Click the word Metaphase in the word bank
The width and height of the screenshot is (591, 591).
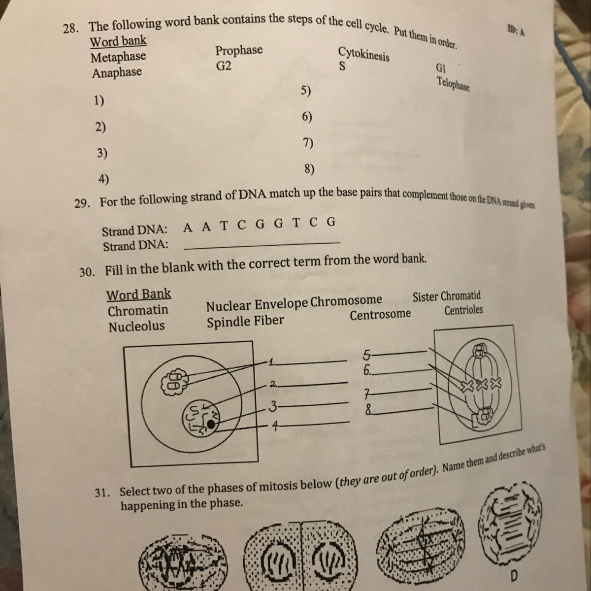118,57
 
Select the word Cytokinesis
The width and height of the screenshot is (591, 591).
364,54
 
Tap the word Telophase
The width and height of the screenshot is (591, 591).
453,84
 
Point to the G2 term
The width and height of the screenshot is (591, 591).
224,66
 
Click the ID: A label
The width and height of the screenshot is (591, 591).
516,31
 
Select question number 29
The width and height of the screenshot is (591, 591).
82,203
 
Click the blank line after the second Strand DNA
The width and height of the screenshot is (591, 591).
262,246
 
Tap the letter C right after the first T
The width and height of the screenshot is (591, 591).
242,226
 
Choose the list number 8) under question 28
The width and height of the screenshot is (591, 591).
309,169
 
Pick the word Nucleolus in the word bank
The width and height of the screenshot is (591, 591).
137,327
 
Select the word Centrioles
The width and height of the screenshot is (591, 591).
464,310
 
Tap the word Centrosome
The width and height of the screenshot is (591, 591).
380,315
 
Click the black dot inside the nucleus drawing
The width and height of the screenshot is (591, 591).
211,424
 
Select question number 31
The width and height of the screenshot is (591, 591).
102,493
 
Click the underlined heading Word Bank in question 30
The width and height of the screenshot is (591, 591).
138,295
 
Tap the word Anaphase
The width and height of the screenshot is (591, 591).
117,73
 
